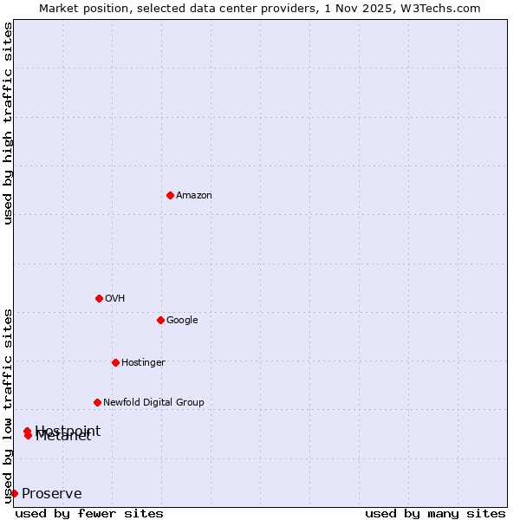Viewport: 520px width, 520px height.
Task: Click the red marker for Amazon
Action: tap(170, 195)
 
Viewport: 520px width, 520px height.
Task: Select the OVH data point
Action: tap(99, 298)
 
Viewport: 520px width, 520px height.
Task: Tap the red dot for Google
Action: tap(160, 320)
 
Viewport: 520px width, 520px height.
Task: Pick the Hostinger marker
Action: tap(115, 362)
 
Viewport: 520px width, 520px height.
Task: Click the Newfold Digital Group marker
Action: tap(97, 402)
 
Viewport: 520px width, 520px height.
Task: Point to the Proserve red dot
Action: tap(14, 493)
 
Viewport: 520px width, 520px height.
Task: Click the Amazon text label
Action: tap(194, 195)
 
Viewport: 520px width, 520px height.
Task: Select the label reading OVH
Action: tap(115, 298)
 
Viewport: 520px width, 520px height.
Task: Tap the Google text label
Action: tap(182, 320)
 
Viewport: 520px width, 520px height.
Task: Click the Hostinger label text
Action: tap(143, 362)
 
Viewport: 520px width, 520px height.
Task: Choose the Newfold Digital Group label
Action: tap(153, 402)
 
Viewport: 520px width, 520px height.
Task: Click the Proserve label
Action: tap(52, 494)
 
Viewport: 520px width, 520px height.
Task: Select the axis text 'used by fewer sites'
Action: tap(89, 514)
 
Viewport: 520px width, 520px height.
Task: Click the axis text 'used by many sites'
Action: tap(435, 514)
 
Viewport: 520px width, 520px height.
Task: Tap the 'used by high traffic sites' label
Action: tap(8, 123)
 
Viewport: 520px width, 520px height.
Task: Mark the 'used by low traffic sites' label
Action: tap(8, 406)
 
